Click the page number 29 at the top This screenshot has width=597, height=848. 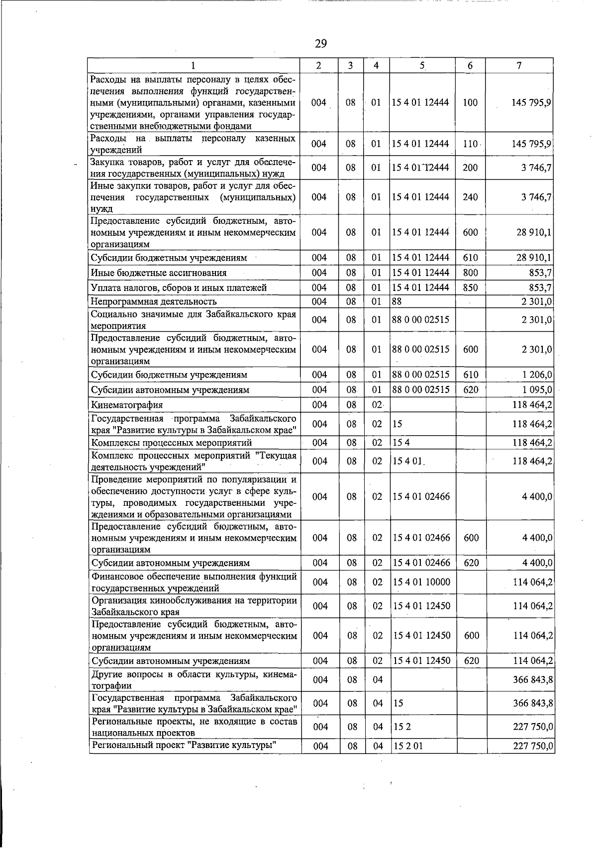[x=321, y=44]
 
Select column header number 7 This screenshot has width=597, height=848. [x=519, y=66]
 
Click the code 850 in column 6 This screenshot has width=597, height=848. [x=470, y=288]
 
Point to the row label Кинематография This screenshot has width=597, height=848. [x=126, y=405]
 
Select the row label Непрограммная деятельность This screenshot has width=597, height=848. [x=153, y=301]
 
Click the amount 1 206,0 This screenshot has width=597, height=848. [x=537, y=375]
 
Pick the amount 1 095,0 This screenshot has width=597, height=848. [x=537, y=390]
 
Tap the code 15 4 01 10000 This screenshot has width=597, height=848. [x=421, y=582]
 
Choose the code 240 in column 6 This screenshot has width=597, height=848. [x=470, y=197]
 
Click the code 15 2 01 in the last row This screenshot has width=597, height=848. [x=407, y=746]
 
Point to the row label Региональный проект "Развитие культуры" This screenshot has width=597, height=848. [x=184, y=745]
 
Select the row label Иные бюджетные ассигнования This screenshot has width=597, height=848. [x=158, y=273]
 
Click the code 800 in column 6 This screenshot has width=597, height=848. [x=470, y=273]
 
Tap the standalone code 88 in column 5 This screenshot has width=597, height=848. [x=397, y=301]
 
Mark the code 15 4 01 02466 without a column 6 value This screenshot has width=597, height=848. [x=421, y=497]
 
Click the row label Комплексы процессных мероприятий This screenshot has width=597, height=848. [x=171, y=443]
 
